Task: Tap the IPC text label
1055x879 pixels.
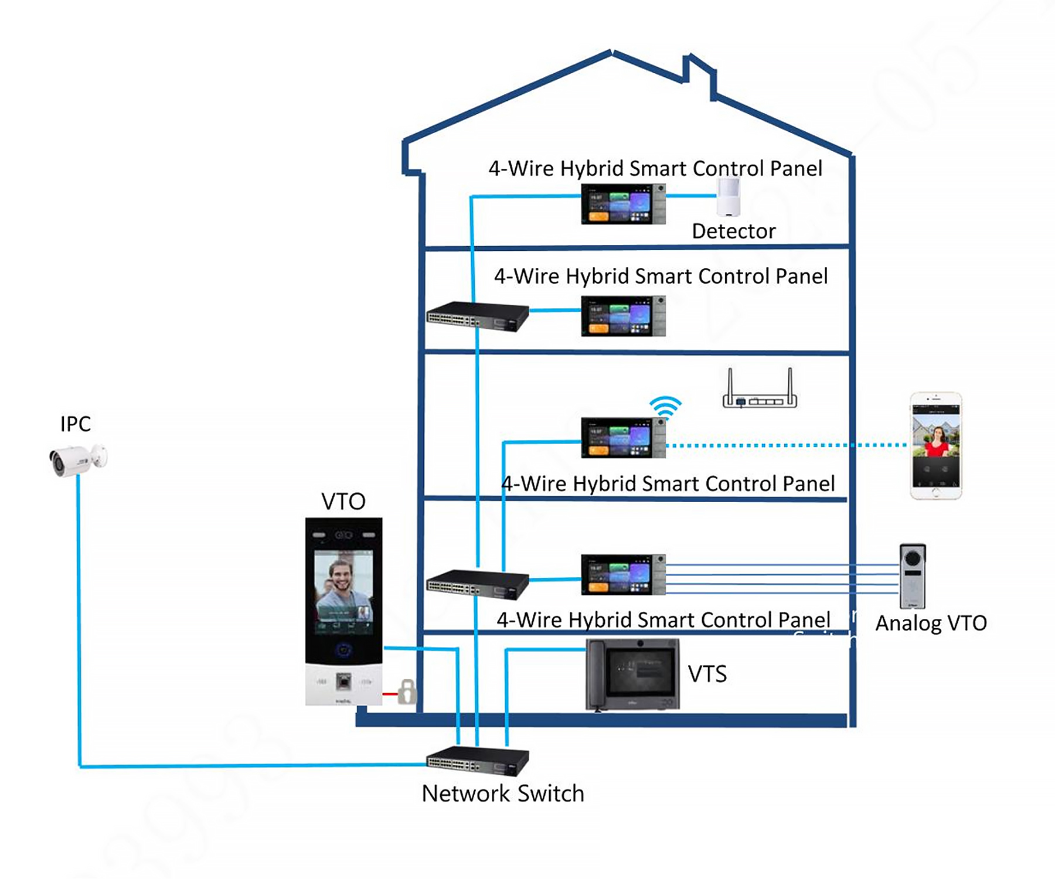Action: [x=76, y=424]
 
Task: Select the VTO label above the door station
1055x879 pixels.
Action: [x=343, y=502]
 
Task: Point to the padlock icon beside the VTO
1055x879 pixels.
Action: [x=407, y=692]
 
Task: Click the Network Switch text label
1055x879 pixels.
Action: [x=503, y=793]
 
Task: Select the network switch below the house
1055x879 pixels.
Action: [x=477, y=761]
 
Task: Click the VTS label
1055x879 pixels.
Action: [x=707, y=674]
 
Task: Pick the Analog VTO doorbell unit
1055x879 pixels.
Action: [x=913, y=576]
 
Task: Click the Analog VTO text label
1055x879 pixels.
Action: [x=931, y=623]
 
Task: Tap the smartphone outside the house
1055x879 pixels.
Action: [x=935, y=446]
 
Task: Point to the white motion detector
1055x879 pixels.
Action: [x=729, y=197]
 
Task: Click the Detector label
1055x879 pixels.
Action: [x=733, y=231]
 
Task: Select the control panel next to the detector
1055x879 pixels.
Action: [x=623, y=204]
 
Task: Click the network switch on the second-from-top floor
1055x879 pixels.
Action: [x=477, y=316]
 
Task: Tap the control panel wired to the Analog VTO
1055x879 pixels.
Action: [x=623, y=575]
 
